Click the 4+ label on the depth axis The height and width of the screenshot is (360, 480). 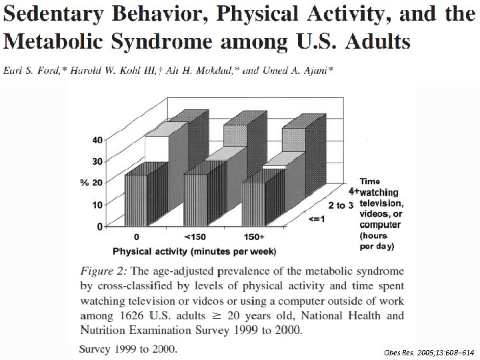tap(353, 190)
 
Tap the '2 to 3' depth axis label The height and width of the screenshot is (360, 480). tap(341, 205)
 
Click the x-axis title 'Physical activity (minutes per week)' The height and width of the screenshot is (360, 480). tap(195, 251)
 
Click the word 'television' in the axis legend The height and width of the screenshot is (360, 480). tap(382, 202)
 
